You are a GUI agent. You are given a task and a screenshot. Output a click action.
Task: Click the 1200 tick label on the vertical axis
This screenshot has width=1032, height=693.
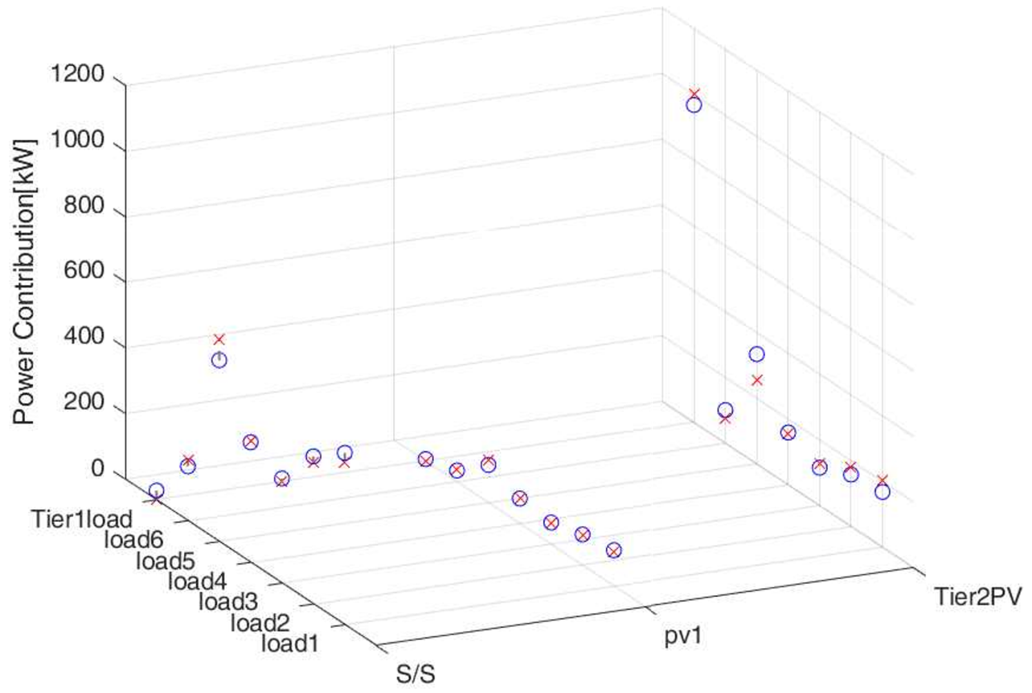tap(77, 73)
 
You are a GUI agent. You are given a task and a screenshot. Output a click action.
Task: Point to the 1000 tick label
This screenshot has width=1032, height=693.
tap(77, 139)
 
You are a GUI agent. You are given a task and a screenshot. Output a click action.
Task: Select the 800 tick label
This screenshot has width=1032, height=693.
tap(83, 205)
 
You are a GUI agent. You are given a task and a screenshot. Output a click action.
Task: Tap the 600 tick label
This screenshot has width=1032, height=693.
tap(83, 271)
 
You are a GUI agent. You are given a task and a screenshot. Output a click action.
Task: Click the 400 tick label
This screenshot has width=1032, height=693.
tap(83, 337)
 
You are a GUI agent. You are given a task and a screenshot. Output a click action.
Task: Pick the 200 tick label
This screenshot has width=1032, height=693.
tap(83, 402)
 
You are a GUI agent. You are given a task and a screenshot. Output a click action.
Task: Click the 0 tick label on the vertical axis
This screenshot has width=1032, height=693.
tap(97, 469)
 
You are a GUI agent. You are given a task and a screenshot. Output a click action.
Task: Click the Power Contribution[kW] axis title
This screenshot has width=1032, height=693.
tap(24, 282)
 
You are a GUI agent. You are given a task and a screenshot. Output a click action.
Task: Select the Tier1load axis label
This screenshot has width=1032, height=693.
tap(81, 519)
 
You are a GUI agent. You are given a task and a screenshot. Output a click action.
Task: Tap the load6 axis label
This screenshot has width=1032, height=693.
tap(134, 540)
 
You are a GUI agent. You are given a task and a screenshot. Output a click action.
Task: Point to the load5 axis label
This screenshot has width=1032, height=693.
tap(166, 560)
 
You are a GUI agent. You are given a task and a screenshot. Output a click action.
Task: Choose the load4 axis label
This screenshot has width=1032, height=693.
tap(197, 581)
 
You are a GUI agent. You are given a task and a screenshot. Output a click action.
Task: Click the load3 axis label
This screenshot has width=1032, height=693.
tap(228, 602)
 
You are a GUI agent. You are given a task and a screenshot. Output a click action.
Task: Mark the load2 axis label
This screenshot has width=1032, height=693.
tap(259, 623)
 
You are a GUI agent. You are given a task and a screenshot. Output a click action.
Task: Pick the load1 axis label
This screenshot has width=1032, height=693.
tap(290, 643)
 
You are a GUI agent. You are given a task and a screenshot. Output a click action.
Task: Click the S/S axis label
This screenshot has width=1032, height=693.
tap(415, 674)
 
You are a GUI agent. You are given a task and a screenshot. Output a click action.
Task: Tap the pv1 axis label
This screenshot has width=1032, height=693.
tap(683, 636)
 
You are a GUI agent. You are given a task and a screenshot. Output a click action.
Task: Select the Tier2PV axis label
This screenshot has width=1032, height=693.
tap(978, 596)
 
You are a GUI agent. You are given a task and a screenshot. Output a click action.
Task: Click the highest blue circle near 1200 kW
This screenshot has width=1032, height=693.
tap(694, 105)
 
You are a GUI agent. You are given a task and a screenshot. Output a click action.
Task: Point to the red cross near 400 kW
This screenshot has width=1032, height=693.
tap(219, 339)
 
